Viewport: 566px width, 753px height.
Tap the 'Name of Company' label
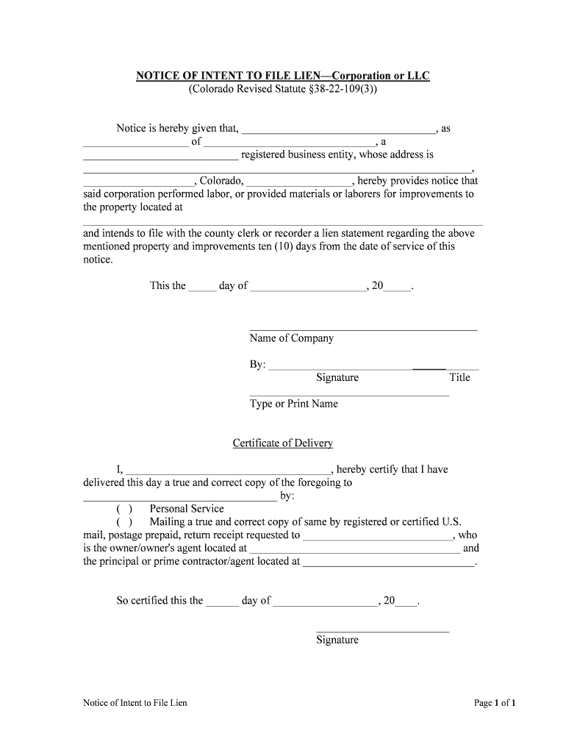pos(292,338)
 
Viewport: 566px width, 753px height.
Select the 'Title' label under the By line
pos(459,377)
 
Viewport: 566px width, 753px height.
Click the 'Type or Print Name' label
pos(294,404)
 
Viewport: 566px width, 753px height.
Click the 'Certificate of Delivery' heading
pos(283,443)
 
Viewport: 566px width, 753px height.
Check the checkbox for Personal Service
pos(124,509)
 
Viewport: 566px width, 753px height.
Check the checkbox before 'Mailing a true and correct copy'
pos(124,522)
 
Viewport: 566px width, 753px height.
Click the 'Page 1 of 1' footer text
pos(495,703)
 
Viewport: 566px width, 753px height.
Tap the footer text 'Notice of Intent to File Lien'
pos(135,703)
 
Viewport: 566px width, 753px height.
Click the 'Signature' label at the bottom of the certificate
pos(337,640)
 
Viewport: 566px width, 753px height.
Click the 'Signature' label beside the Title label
pos(337,377)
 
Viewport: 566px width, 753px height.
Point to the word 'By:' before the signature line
pos(258,365)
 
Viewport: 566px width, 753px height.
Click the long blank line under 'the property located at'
pos(282,222)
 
